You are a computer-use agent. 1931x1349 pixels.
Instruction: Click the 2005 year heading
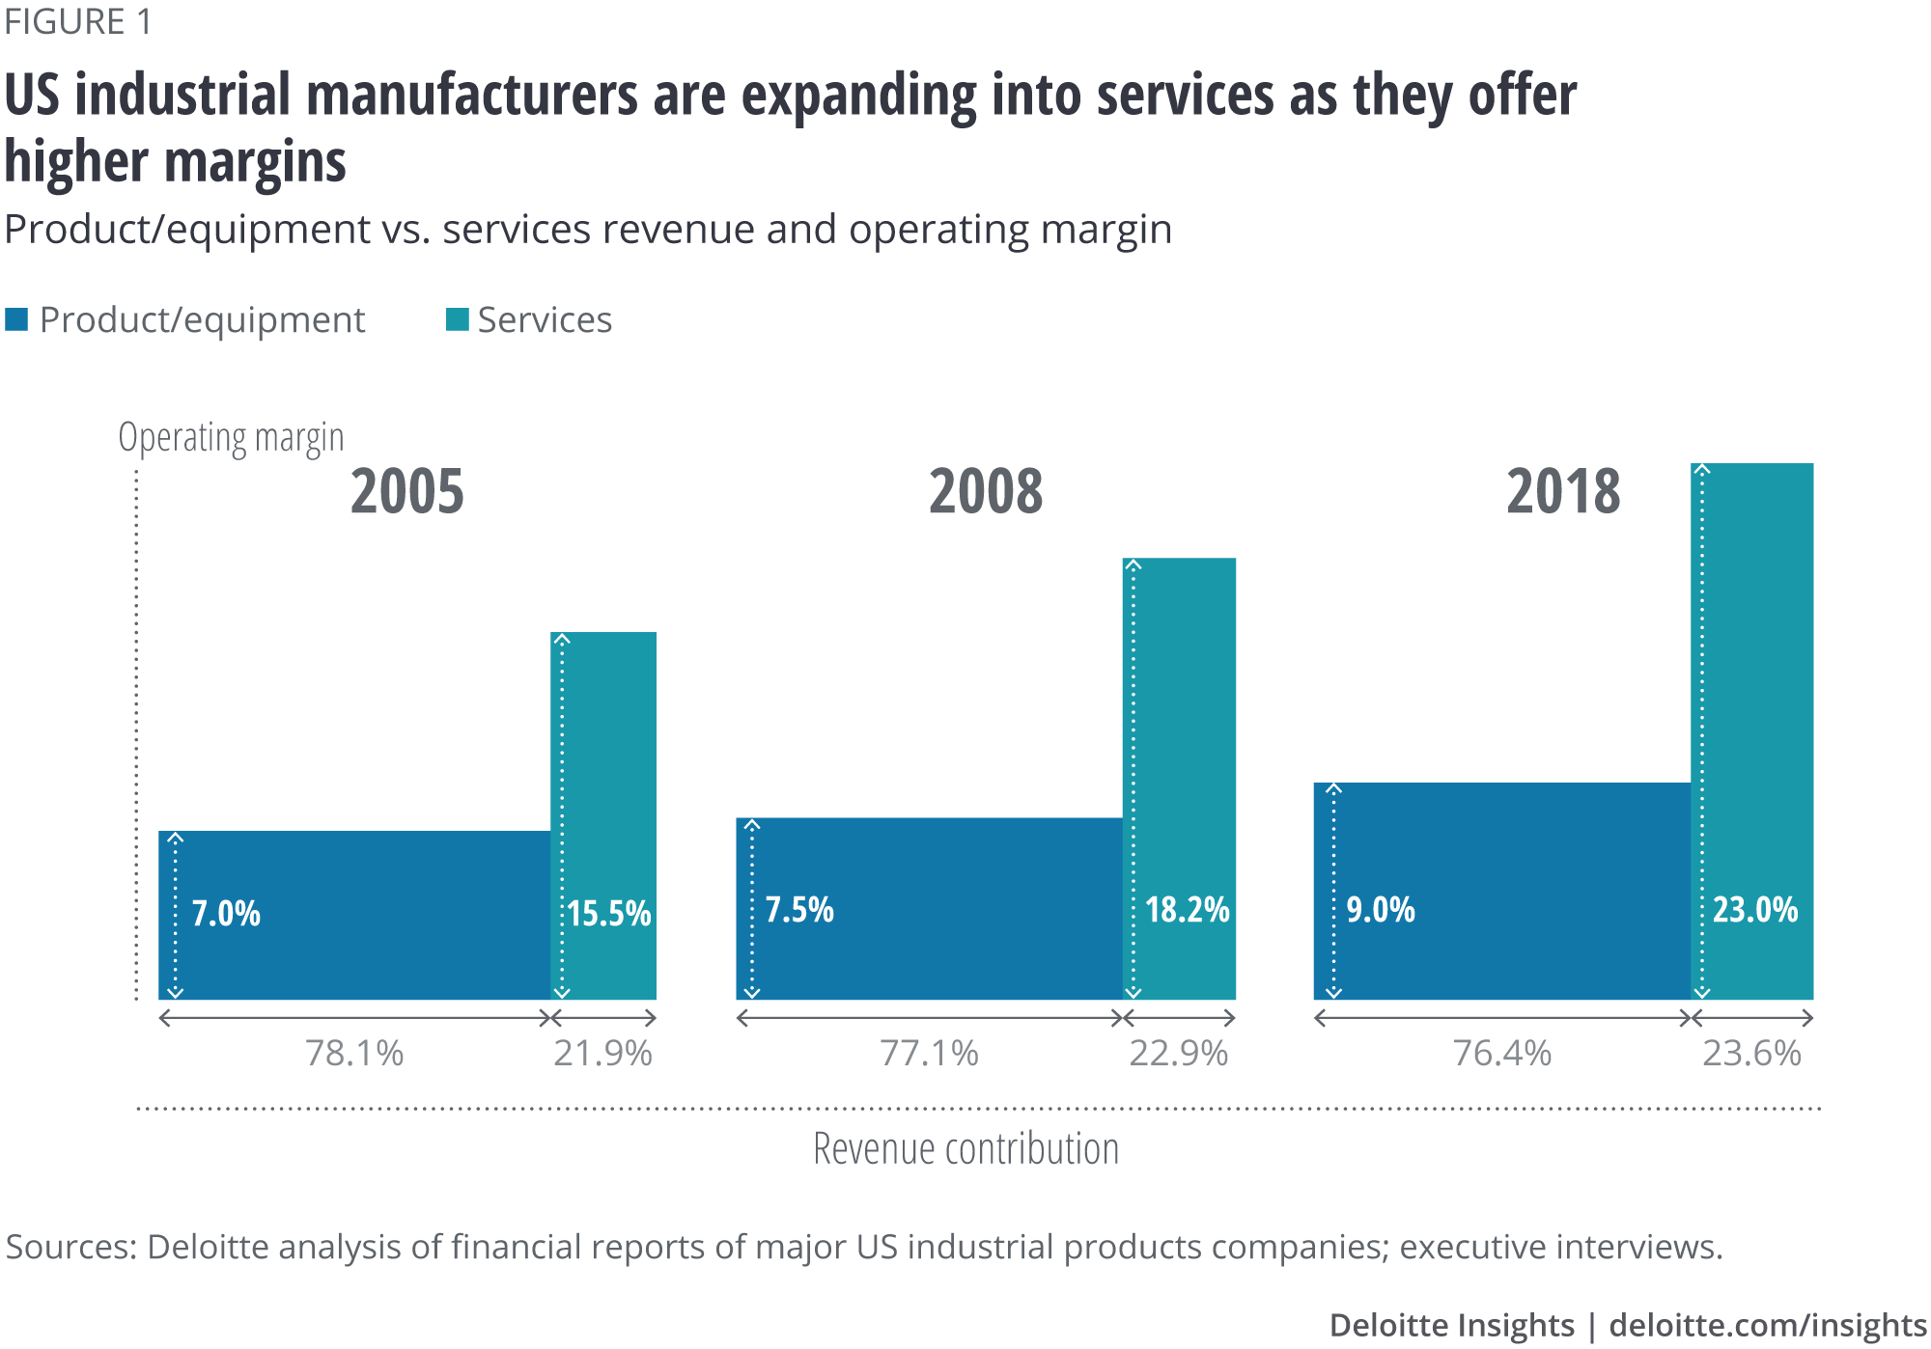(x=406, y=491)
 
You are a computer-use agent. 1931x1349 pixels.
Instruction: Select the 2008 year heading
(x=986, y=491)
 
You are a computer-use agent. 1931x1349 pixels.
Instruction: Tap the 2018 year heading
(x=1563, y=491)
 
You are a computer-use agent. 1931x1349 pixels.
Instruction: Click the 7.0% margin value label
(x=226, y=913)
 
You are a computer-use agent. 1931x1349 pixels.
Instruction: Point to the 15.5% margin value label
(x=608, y=913)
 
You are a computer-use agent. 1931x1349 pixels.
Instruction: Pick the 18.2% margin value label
(x=1187, y=909)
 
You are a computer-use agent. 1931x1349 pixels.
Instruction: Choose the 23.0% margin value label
(x=1754, y=909)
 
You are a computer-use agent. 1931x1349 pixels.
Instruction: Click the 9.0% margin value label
(x=1381, y=909)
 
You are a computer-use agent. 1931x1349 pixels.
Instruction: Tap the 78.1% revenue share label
(x=354, y=1053)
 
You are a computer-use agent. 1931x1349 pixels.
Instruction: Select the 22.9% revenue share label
(x=1178, y=1053)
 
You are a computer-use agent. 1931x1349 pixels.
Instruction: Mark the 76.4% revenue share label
(x=1502, y=1053)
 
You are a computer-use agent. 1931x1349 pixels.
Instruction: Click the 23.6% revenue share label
(x=1751, y=1053)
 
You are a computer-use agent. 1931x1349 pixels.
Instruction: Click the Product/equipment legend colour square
(x=16, y=319)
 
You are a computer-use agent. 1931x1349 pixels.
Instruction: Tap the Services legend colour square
(x=457, y=319)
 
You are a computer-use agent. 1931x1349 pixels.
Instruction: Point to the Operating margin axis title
(x=231, y=438)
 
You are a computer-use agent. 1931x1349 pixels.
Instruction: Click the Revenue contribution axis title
(x=965, y=1149)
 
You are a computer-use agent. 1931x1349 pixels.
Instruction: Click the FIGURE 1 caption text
(x=78, y=22)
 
